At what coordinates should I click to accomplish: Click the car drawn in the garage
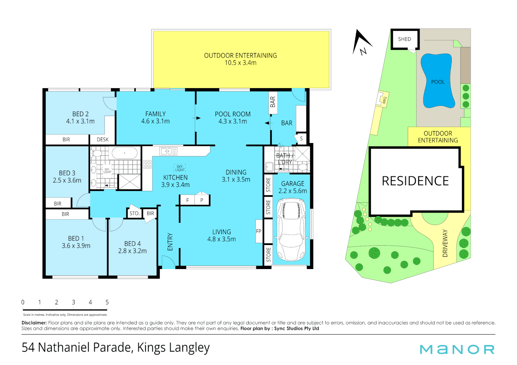[x=291, y=230]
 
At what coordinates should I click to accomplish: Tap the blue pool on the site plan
[x=437, y=81]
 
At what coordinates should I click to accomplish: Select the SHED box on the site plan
[x=405, y=39]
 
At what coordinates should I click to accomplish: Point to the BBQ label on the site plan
[x=384, y=100]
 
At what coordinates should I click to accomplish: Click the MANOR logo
[x=457, y=349]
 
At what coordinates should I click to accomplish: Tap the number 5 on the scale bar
[x=107, y=302]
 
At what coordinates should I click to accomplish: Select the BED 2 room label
[x=81, y=118]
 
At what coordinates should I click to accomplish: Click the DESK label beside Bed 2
[x=103, y=140]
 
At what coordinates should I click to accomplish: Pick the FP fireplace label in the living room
[x=258, y=232]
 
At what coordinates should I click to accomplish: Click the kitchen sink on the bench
[x=168, y=151]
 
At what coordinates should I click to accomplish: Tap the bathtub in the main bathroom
[x=125, y=153]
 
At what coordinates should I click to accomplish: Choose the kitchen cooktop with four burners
[x=147, y=164]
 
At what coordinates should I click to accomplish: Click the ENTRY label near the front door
[x=170, y=242]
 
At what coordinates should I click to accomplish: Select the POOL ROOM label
[x=233, y=118]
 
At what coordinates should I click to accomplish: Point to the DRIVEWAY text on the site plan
[x=445, y=243]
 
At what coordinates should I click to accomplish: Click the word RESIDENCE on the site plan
[x=415, y=181]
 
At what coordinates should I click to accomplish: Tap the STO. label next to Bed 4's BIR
[x=134, y=213]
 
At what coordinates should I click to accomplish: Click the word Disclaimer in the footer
[x=34, y=323]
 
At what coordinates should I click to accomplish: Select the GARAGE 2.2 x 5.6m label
[x=293, y=187]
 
